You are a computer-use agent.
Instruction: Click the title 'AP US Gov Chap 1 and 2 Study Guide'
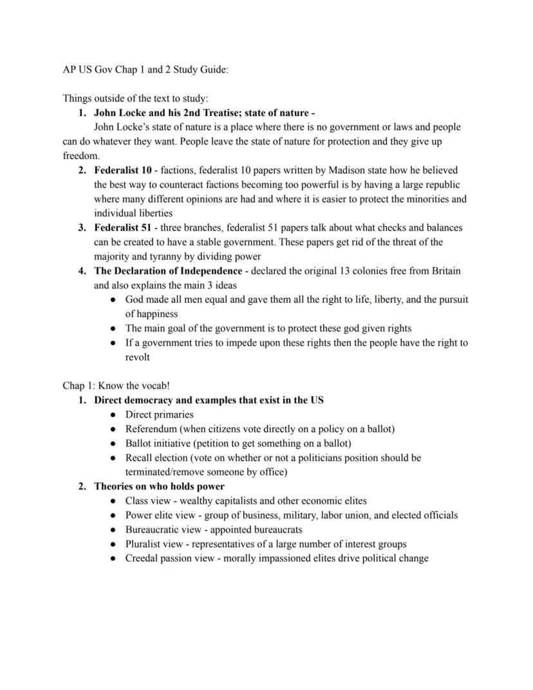point(145,70)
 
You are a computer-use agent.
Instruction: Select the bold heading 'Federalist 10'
point(123,171)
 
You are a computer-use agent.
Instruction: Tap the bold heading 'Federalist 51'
point(123,227)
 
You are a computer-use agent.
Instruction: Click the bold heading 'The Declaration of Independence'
point(168,271)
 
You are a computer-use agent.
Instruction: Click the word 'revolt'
point(137,357)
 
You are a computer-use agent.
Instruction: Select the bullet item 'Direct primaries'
point(159,414)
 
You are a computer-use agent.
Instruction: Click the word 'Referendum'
point(151,428)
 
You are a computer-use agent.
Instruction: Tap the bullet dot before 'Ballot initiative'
point(113,443)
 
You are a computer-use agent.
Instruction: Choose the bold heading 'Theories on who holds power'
point(159,486)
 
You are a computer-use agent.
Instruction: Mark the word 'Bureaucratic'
point(153,530)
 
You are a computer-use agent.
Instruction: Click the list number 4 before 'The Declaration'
point(82,271)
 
